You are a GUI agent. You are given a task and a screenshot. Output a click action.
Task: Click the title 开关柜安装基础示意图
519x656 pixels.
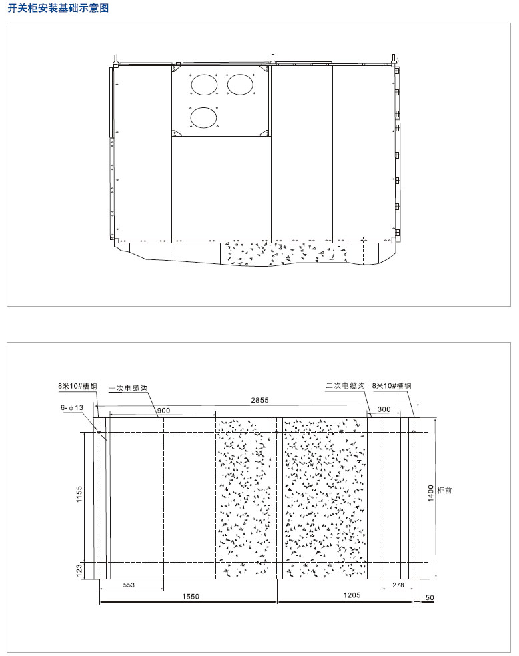tap(58, 8)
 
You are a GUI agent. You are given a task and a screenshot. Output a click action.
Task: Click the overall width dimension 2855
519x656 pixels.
tap(259, 401)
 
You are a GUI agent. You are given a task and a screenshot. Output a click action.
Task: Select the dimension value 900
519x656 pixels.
tap(163, 411)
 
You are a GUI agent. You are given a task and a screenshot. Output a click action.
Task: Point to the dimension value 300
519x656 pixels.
tap(384, 409)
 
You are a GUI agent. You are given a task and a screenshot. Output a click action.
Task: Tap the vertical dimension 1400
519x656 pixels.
tap(431, 493)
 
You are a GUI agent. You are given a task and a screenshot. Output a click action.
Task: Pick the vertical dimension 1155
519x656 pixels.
tap(79, 494)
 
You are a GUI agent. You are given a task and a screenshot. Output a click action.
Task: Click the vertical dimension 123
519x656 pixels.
tap(79, 571)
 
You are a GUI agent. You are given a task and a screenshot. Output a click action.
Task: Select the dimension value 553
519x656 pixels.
tap(129, 585)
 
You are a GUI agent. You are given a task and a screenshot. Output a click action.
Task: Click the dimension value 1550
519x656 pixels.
tap(190, 597)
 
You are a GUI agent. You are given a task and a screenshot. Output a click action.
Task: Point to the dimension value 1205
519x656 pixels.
tap(352, 595)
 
